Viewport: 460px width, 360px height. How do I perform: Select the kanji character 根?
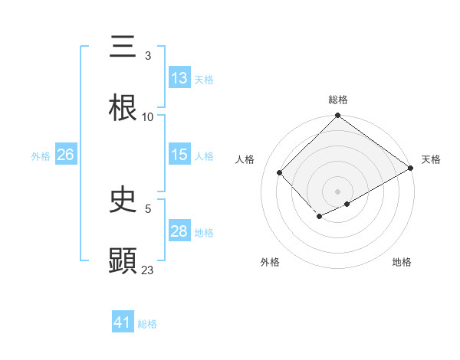click(123, 108)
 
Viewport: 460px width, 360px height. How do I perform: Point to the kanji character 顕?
click(123, 260)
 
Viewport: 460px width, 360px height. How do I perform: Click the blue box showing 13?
click(179, 78)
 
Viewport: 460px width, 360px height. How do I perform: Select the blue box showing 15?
click(179, 155)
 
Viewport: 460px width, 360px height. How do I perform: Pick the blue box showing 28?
click(179, 231)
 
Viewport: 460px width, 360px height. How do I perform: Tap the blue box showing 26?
click(65, 155)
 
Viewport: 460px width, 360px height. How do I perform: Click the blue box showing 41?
click(123, 322)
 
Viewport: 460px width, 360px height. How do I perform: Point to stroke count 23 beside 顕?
click(148, 270)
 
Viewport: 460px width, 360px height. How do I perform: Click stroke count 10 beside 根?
click(148, 117)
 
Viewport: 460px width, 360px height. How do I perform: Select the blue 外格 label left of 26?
click(41, 156)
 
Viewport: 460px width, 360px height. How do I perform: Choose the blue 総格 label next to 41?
click(147, 324)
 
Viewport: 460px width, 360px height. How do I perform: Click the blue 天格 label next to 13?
click(204, 80)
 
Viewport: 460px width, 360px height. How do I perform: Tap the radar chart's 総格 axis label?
click(338, 100)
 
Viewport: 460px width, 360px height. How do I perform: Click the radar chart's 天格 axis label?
click(431, 159)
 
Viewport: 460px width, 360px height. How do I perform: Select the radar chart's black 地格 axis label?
click(402, 263)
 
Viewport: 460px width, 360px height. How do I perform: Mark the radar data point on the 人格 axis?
click(280, 173)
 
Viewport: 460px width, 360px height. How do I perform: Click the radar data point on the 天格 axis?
click(411, 169)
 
